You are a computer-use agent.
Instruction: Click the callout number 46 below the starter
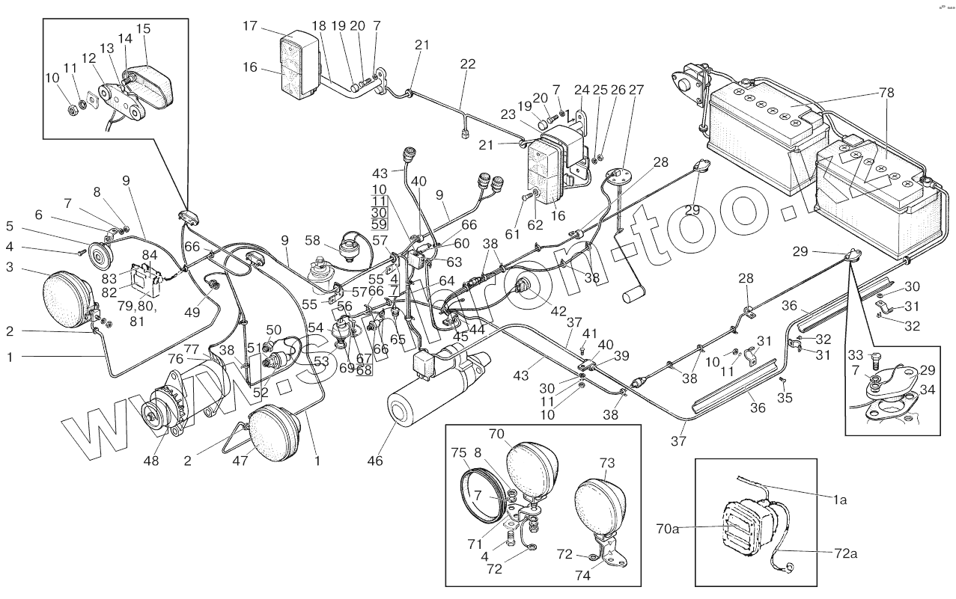pyautogui.click(x=375, y=461)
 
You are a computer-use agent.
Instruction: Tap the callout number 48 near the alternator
pyautogui.click(x=152, y=461)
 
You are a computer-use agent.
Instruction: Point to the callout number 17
pyautogui.click(x=250, y=26)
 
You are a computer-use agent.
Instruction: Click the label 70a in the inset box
pyautogui.click(x=669, y=529)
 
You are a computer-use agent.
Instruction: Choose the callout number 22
pyautogui.click(x=468, y=64)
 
